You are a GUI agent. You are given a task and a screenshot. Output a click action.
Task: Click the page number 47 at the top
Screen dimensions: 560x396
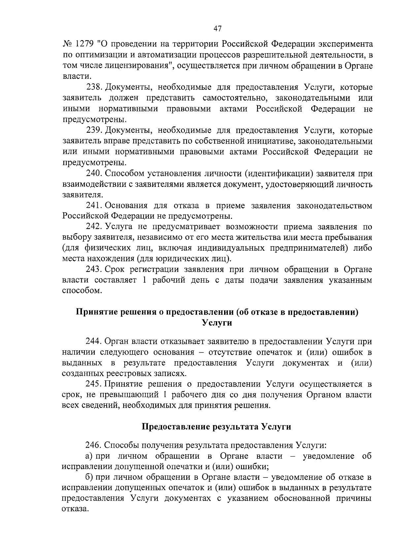(x=217, y=28)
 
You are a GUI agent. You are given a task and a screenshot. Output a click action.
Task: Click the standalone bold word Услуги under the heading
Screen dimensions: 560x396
(x=217, y=323)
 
